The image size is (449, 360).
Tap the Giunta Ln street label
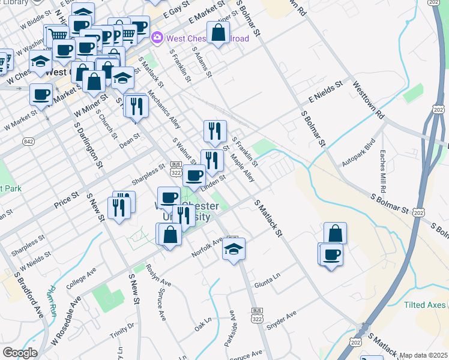[267, 281]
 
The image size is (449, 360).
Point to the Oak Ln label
[203, 326]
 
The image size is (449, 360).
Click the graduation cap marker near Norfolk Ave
[234, 250]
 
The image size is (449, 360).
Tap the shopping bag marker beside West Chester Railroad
[218, 34]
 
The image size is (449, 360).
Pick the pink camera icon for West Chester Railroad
[157, 38]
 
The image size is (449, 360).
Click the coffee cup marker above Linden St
[194, 175]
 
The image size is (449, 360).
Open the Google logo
[20, 353]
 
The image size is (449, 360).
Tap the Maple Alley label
[243, 169]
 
